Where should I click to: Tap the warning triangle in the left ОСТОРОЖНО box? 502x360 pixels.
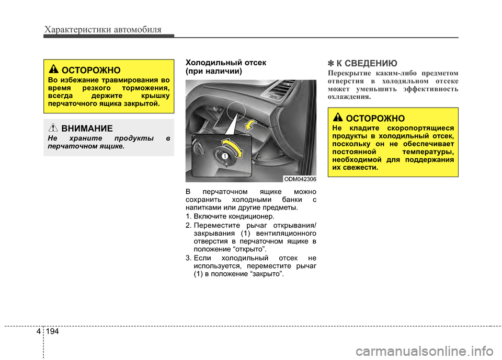click(x=54, y=69)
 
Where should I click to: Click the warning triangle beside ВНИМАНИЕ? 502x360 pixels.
click(x=54, y=127)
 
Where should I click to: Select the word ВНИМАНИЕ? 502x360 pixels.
click(x=87, y=127)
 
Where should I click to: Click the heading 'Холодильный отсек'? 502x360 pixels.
click(x=225, y=63)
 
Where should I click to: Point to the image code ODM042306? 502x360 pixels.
click(x=300, y=179)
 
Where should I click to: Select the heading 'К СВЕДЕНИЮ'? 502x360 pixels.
click(x=367, y=64)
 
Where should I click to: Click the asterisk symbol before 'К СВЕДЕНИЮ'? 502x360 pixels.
click(x=331, y=64)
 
